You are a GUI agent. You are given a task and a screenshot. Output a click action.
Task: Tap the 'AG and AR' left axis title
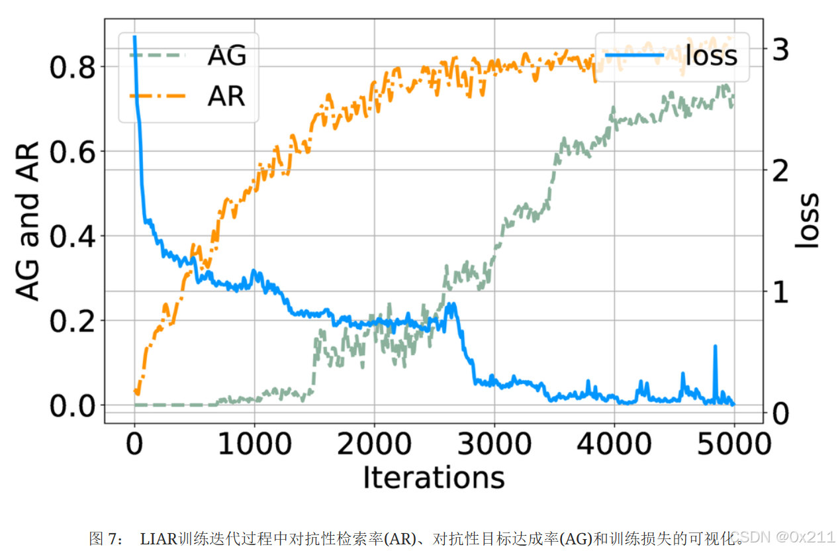pyautogui.click(x=28, y=221)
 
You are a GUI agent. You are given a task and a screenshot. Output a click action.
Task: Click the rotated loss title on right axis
pyautogui.click(x=807, y=221)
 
